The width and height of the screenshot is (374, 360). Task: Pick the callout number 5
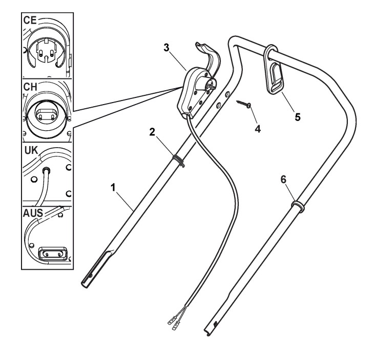(x=298, y=116)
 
